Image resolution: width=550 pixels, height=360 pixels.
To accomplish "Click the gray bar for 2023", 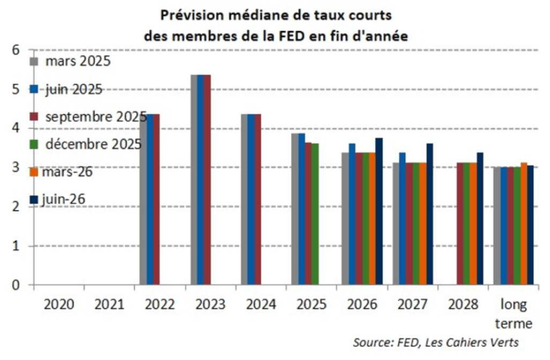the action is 194,179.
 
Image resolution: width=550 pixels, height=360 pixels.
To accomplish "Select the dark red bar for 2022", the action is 157,199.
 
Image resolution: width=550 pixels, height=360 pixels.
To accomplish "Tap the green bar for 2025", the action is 315,214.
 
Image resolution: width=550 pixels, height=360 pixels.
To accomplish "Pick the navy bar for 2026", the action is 379,211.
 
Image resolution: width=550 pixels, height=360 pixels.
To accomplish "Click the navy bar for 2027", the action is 430,214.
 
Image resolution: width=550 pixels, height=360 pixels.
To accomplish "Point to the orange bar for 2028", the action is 473,223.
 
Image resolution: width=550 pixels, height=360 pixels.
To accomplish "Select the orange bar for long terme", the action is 524,223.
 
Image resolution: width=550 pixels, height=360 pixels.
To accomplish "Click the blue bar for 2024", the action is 251,199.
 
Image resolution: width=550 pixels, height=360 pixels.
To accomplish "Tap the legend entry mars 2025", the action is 70,62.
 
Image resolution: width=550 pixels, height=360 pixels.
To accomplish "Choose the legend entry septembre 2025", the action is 88,117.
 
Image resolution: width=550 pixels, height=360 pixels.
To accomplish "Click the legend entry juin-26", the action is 57,199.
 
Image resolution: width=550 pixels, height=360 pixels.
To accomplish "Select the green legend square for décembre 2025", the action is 34,144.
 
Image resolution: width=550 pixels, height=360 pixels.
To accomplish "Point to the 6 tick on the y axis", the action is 16,50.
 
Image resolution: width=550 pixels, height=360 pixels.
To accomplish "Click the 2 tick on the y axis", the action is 16,207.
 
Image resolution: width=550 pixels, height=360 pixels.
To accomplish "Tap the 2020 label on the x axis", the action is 59,304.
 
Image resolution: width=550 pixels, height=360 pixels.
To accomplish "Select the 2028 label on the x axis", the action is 463,304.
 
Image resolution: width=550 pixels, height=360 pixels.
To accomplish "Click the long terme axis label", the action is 514,314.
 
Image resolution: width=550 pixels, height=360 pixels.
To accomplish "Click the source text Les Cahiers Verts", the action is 472,342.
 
